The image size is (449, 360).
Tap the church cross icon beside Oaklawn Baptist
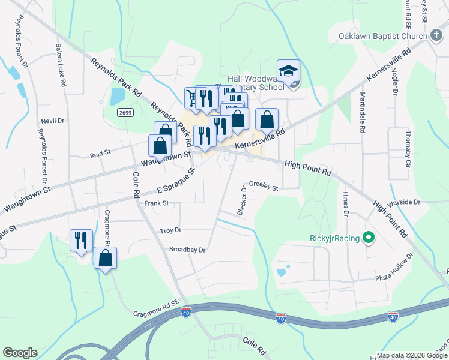[436, 36]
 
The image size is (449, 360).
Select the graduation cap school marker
[288, 71]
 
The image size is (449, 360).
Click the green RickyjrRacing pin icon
[369, 238]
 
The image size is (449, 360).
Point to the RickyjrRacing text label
[335, 238]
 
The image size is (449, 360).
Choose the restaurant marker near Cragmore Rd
[80, 241]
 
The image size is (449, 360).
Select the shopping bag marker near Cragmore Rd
[105, 258]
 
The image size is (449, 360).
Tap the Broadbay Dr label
[187, 250]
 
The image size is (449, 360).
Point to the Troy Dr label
[170, 230]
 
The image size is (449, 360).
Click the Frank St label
[157, 204]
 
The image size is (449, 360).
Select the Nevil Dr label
[52, 121]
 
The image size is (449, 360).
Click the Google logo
[20, 353]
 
